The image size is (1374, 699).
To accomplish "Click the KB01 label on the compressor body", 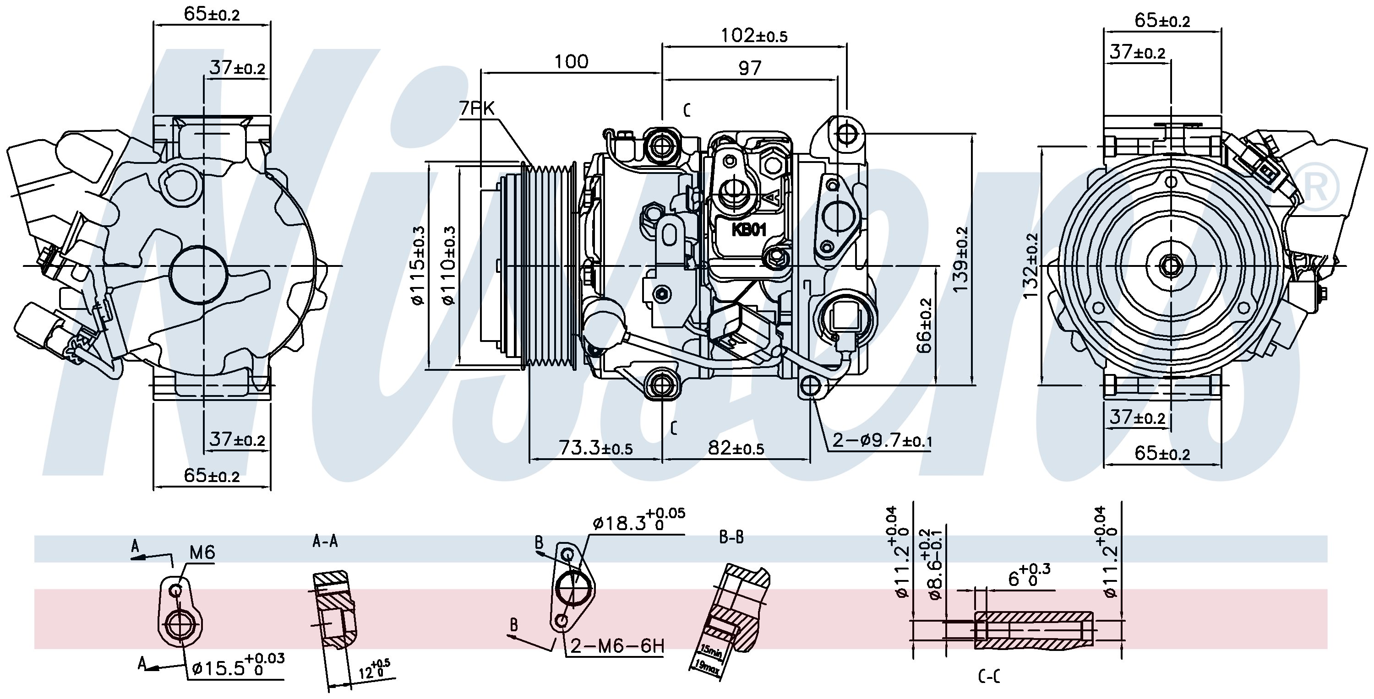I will coord(749,230).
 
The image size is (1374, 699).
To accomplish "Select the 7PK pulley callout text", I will coord(477,109).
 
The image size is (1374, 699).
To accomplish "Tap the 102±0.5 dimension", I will coord(754,36).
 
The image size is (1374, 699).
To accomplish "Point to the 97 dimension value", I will coord(749,68).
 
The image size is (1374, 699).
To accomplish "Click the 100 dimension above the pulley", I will coord(571,62).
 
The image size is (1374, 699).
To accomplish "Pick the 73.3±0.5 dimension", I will coord(595,448).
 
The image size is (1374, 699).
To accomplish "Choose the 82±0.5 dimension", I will coord(736,448).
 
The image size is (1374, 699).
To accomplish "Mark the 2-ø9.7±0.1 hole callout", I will coord(882,440).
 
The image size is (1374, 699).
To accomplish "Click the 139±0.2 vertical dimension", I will coord(960,259).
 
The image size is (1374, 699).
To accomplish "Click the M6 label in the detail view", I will coord(202,553).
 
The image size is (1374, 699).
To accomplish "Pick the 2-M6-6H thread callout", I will coord(617,646).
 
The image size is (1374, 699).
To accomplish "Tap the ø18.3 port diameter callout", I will coord(638,520).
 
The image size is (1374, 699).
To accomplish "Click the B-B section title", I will coord(731,538).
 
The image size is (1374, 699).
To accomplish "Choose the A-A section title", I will coord(325,542).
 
